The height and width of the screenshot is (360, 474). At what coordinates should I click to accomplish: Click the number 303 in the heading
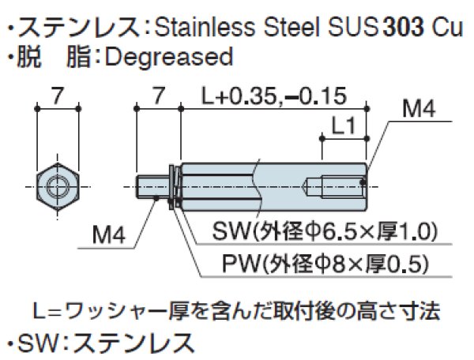[x=404, y=29]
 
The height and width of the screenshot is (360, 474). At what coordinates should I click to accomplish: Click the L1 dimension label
[x=344, y=125]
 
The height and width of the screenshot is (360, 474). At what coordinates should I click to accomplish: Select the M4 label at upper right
[x=419, y=110]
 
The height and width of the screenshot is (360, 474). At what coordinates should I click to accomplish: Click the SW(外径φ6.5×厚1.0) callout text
[x=325, y=232]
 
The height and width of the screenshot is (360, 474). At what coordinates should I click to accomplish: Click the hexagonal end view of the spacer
[x=57, y=187]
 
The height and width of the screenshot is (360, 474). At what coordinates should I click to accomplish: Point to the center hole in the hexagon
[x=57, y=187]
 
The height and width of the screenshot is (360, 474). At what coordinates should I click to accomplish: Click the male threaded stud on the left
[x=152, y=187]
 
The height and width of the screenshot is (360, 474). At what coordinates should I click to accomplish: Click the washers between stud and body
[x=174, y=187]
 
